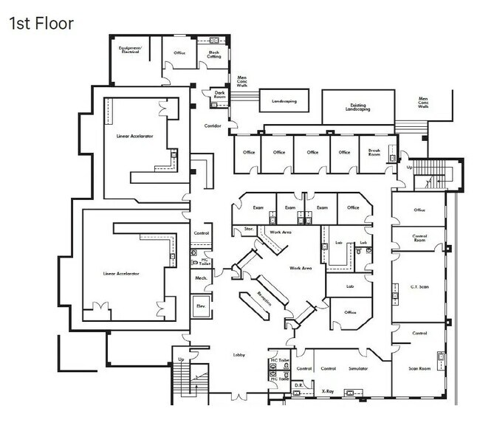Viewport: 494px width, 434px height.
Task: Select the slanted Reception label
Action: (264, 298)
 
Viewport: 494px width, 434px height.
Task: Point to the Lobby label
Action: (240, 356)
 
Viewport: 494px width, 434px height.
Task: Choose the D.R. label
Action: (299, 385)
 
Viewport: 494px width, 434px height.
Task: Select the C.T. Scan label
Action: (419, 286)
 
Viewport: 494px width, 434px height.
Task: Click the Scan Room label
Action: (419, 368)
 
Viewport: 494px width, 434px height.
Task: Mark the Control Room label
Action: (419, 238)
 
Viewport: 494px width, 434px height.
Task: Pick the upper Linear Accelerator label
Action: (134, 137)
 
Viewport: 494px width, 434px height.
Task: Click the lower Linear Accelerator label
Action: (122, 273)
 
